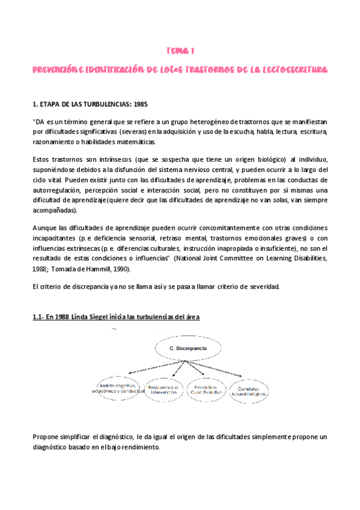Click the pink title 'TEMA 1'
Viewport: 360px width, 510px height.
tap(180, 52)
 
